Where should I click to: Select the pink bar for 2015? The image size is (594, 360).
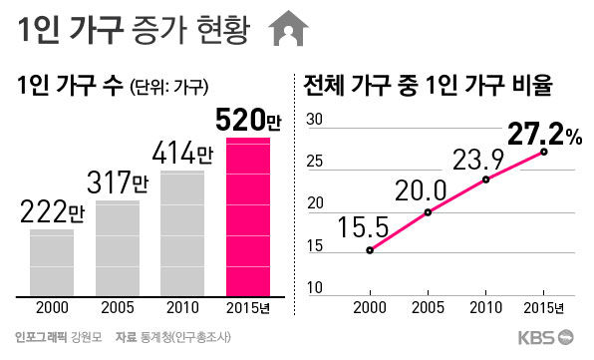248,217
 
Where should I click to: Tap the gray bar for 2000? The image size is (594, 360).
52,263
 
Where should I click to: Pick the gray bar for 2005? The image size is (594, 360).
117,248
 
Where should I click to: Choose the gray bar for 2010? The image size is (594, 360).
182,233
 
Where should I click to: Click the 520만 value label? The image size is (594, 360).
248,123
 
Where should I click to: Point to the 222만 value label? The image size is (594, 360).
52,212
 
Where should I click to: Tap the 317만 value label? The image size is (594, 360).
117,183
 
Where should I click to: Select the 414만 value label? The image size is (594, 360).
182,155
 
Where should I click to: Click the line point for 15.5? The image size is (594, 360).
370,250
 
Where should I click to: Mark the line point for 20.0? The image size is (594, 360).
428,212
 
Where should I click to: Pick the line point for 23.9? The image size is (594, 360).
486,180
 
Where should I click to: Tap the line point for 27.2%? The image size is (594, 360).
544,152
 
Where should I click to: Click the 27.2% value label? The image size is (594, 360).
544,133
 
